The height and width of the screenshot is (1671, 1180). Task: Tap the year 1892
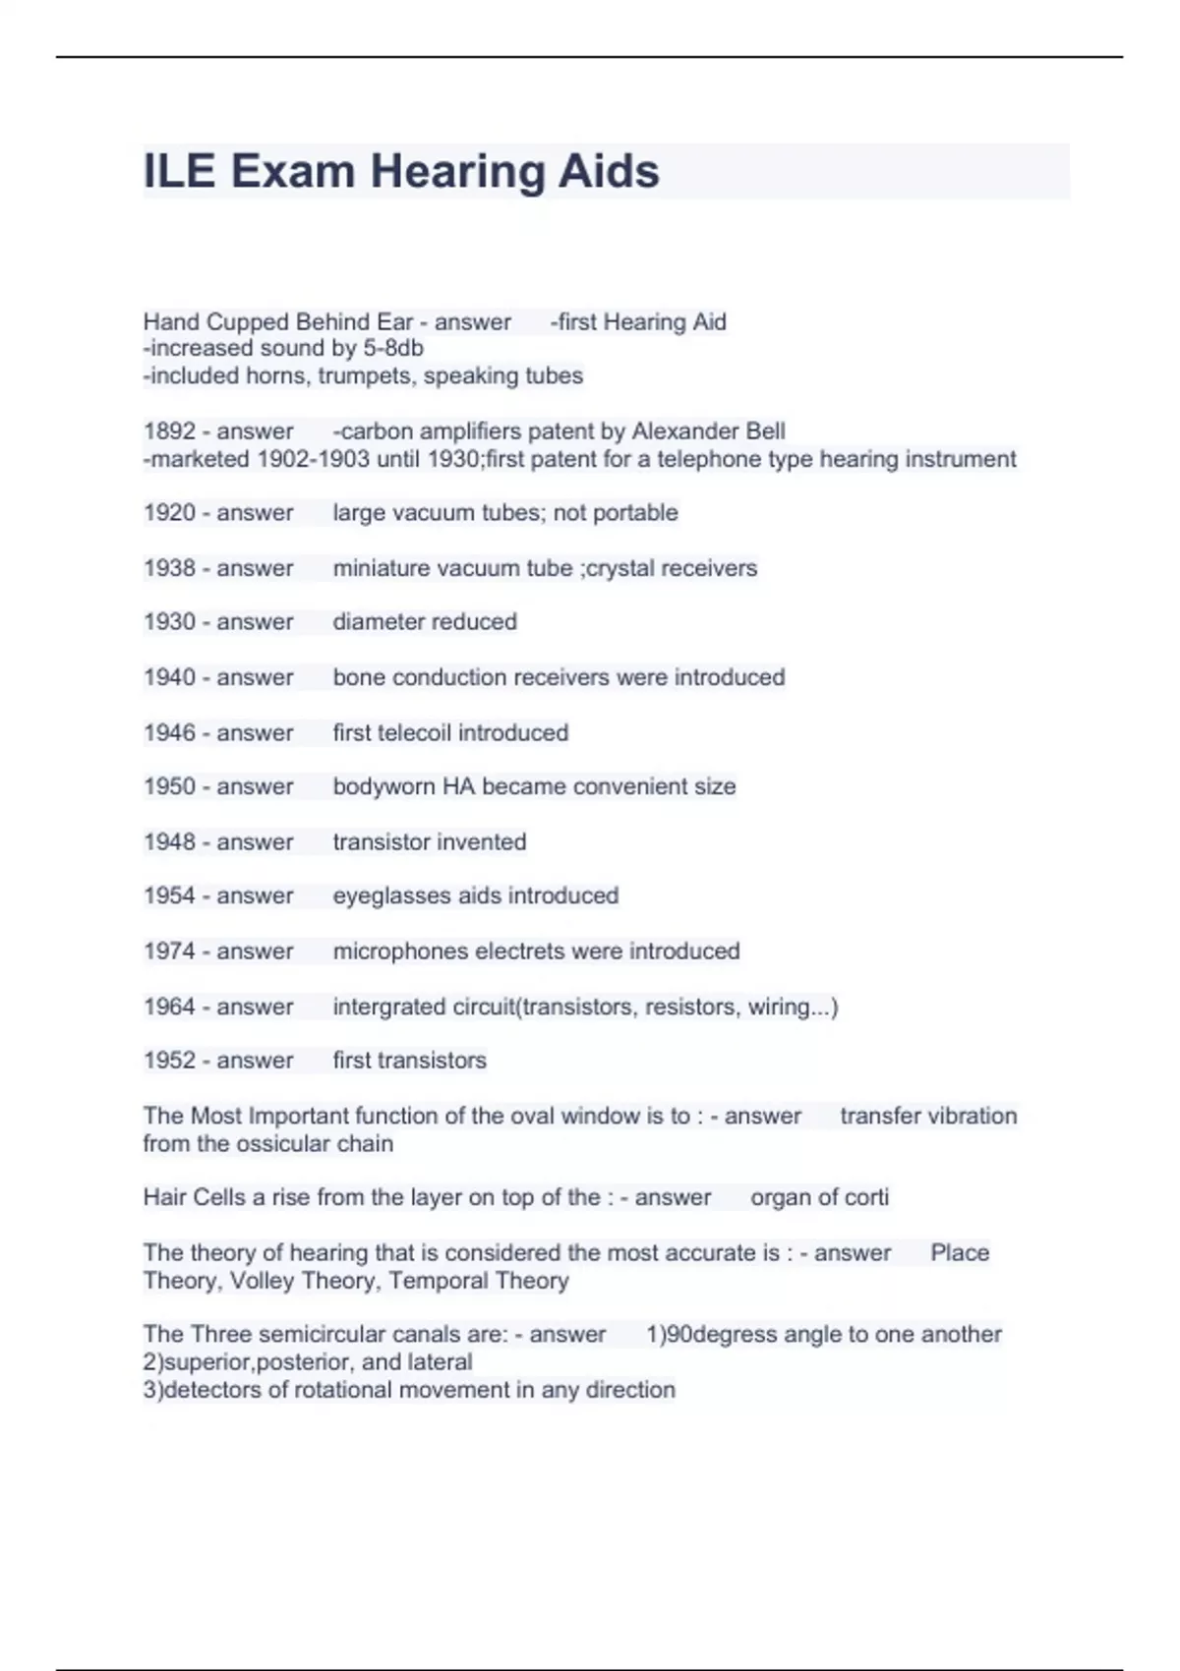point(169,432)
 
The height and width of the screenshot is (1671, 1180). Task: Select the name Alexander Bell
point(708,432)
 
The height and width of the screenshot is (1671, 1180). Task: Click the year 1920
point(169,513)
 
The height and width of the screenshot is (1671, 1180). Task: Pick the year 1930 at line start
point(169,622)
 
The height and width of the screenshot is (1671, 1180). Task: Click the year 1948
point(169,842)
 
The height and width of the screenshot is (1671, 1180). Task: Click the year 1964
point(169,1007)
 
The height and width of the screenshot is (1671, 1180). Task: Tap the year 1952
point(169,1061)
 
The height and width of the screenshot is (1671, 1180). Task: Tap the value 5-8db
point(393,348)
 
